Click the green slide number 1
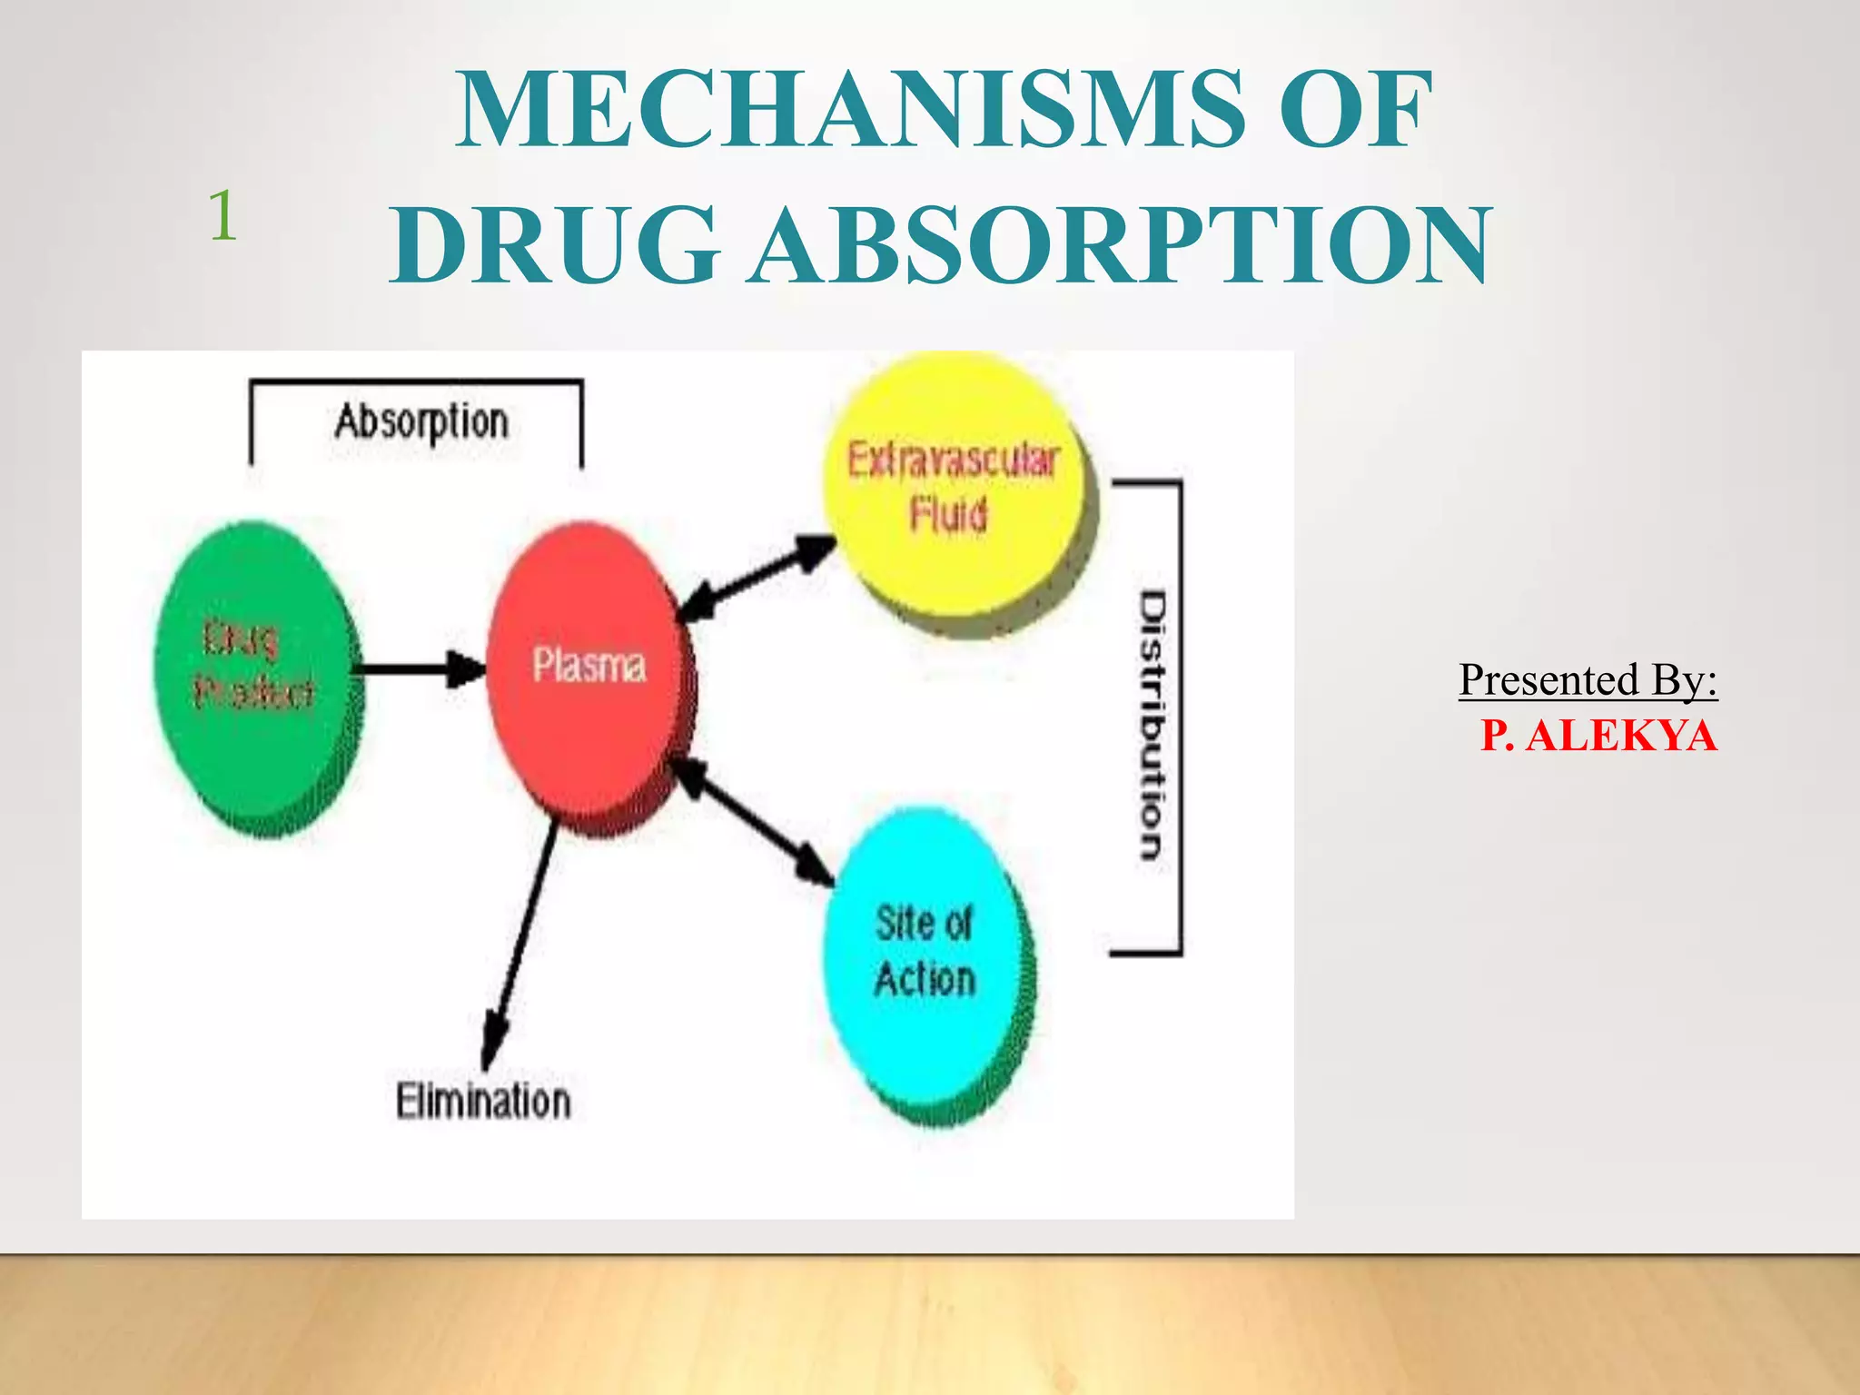point(223,216)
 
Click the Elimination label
point(483,1101)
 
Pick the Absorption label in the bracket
point(421,422)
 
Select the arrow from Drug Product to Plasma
point(418,670)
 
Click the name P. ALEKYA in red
point(1598,735)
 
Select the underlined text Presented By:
point(1588,679)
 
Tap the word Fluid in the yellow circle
point(948,514)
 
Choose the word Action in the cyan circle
point(925,979)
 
